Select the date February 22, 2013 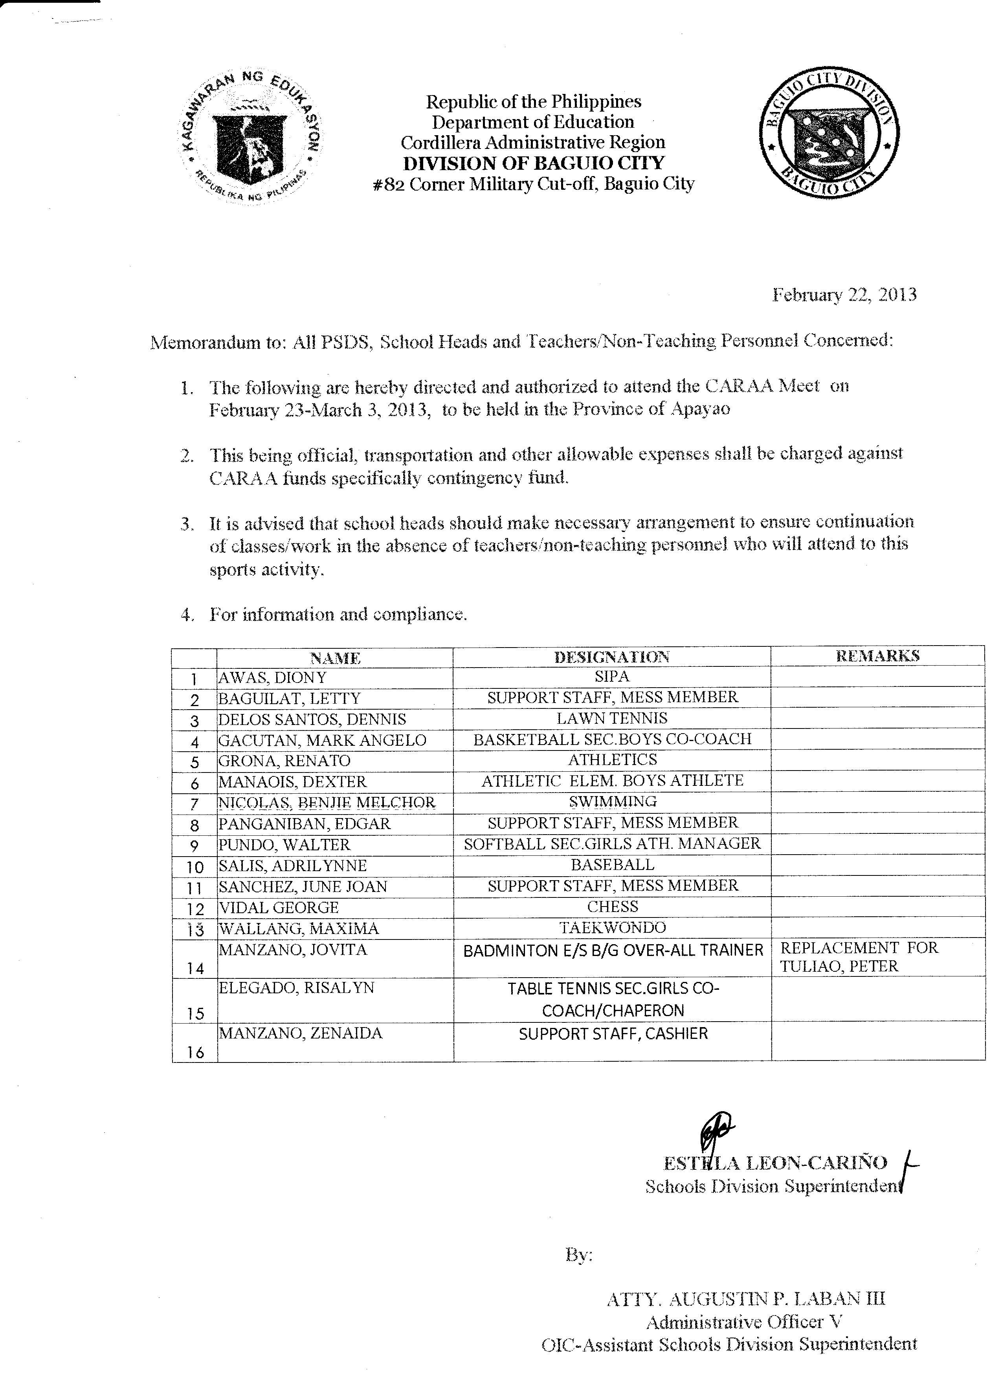click(844, 295)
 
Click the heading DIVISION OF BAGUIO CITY click(534, 163)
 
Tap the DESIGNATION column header click(611, 657)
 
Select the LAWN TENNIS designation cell click(611, 718)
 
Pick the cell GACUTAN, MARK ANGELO click(322, 740)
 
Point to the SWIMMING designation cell click(613, 802)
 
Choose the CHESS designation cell click(613, 906)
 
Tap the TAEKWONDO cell click(613, 927)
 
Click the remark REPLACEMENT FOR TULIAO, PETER click(859, 957)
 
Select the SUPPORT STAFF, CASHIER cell click(613, 1033)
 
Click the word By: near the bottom click(578, 1255)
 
